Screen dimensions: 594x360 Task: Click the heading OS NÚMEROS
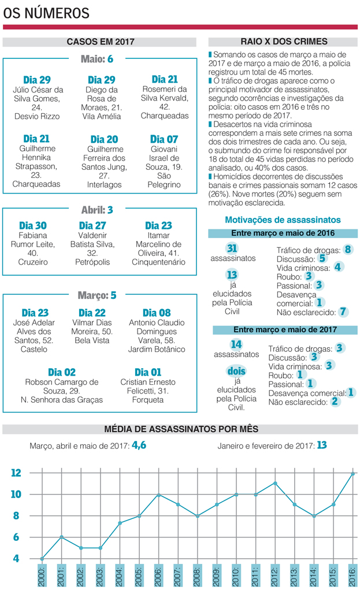pos(46,13)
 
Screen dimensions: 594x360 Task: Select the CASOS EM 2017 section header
pos(100,42)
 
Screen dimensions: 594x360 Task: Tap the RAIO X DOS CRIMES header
pos(284,42)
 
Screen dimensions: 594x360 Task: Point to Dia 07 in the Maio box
pos(164,139)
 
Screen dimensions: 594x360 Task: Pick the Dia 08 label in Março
pos(157,313)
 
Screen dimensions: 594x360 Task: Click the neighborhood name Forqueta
pos(149,400)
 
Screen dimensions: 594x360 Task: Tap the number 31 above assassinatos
pos(232,248)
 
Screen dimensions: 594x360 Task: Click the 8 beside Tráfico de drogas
pos(347,250)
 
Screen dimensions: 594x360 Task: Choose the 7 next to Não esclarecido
pos(343,311)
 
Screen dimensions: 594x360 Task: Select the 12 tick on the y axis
pos(16,473)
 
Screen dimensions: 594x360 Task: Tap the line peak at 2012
pos(276,483)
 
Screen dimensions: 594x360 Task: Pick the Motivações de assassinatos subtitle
pos(282,220)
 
